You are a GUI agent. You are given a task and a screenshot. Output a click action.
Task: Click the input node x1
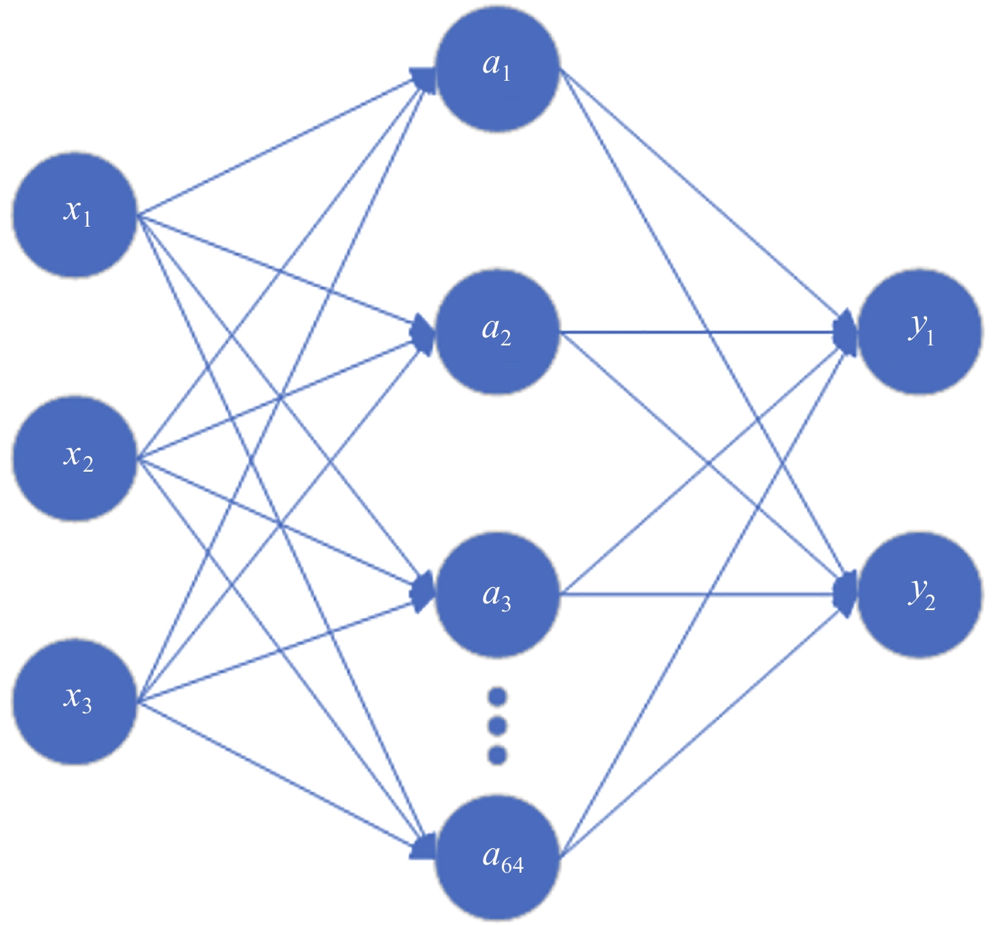click(75, 214)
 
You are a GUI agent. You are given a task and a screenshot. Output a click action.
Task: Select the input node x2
click(75, 459)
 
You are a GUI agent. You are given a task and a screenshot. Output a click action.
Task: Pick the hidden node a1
click(497, 68)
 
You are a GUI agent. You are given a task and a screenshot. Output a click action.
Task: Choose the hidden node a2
click(497, 332)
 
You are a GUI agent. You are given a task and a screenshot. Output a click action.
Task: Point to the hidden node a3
click(497, 595)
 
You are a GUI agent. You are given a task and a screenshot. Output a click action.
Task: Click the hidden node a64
click(497, 858)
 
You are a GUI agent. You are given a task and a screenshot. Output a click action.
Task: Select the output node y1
click(920, 332)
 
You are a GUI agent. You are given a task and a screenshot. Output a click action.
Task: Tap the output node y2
click(920, 595)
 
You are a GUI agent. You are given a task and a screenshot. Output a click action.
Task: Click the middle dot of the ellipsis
click(497, 726)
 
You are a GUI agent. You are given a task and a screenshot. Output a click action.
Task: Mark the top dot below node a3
click(497, 697)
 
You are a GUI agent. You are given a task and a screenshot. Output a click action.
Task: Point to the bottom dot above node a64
click(497, 755)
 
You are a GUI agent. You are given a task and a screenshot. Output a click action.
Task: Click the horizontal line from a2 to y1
click(699, 332)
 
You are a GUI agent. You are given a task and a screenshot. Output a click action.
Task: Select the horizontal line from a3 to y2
click(699, 595)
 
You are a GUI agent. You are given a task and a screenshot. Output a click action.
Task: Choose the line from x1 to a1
click(278, 145)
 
